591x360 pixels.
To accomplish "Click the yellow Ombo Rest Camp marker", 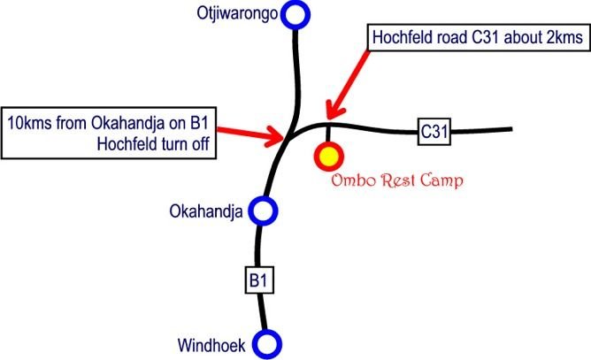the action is [328, 156].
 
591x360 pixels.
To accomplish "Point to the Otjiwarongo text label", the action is [237, 14].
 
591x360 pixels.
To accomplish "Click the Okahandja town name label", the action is [206, 211].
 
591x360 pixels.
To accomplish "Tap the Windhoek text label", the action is [211, 345].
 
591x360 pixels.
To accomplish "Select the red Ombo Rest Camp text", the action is [397, 180].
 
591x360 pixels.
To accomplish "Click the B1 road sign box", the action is [259, 280].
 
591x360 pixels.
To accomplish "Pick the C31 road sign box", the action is [434, 132].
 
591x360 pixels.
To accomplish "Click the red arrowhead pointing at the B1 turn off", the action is [277, 136].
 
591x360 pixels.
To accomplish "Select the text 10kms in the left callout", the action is [29, 123].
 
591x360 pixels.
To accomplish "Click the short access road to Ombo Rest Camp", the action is [328, 134].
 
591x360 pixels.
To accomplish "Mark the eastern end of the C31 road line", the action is [511, 129].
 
